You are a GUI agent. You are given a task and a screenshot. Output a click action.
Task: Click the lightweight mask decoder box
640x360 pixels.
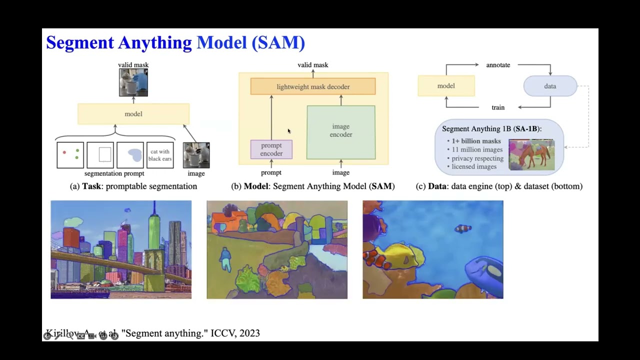click(x=313, y=86)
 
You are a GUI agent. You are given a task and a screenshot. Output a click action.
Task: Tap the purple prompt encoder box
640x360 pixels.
click(x=271, y=149)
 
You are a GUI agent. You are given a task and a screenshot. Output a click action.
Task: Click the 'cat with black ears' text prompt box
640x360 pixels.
click(x=160, y=155)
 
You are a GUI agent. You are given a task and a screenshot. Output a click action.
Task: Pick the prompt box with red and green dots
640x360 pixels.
click(x=70, y=155)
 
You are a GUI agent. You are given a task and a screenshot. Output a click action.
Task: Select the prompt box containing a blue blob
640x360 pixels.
click(x=130, y=155)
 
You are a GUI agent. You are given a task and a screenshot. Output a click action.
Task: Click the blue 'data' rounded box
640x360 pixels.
click(x=550, y=86)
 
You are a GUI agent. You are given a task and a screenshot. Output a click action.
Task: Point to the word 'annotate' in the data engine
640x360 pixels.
click(x=498, y=65)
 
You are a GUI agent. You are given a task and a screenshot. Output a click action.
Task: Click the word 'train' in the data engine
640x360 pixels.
click(x=498, y=107)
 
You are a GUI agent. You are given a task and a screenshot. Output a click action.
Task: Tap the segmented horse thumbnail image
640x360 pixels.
click(x=531, y=154)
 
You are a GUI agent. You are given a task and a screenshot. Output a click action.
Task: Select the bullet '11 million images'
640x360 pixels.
click(x=477, y=149)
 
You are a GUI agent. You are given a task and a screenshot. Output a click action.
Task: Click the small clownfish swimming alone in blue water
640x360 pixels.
click(x=462, y=229)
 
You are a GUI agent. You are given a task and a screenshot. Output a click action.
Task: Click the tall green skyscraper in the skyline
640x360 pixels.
click(x=154, y=235)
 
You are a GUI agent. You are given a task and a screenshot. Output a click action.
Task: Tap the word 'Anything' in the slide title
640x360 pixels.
click(x=155, y=42)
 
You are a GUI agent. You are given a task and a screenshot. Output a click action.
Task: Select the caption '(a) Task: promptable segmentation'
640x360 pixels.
click(x=133, y=186)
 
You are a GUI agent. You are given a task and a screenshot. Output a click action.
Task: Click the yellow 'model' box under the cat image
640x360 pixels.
click(x=133, y=114)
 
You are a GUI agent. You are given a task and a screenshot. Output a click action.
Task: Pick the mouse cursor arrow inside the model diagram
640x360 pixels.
click(x=289, y=131)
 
